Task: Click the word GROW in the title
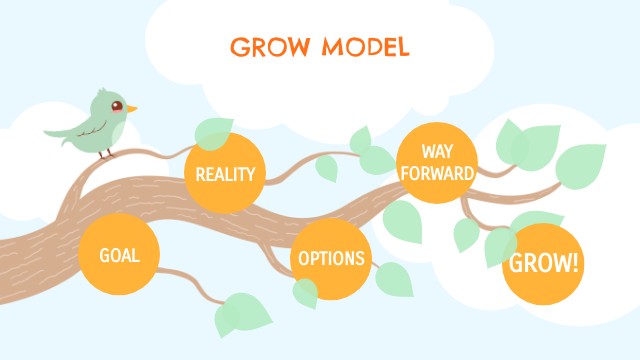[266, 47]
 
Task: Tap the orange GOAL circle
[118, 255]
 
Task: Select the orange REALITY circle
[225, 173]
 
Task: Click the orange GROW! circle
[543, 264]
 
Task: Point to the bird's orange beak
[131, 108]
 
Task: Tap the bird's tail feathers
[58, 131]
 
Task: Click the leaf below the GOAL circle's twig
[237, 313]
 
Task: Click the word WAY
[436, 151]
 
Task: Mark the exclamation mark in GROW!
[575, 264]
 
